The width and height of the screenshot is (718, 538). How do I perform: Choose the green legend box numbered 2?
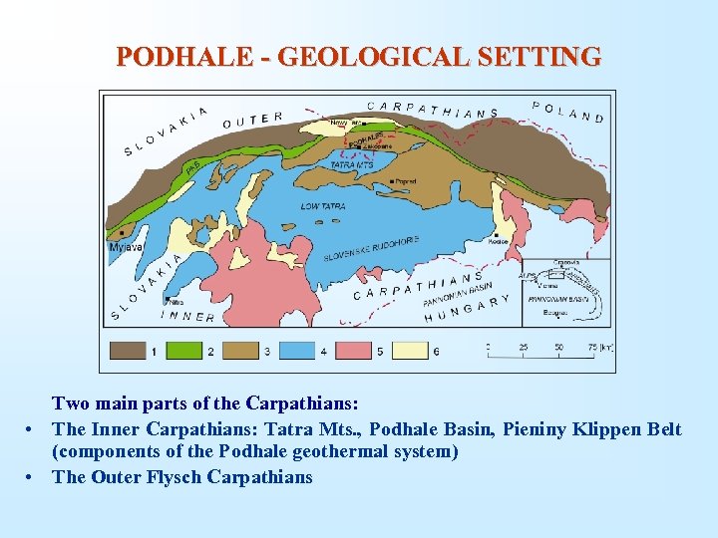[186, 351]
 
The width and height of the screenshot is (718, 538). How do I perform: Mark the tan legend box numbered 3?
[242, 351]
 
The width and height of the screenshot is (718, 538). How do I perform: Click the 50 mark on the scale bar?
[559, 349]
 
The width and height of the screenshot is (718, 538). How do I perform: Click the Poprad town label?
[405, 181]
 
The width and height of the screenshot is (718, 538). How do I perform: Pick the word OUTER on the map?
[252, 120]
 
